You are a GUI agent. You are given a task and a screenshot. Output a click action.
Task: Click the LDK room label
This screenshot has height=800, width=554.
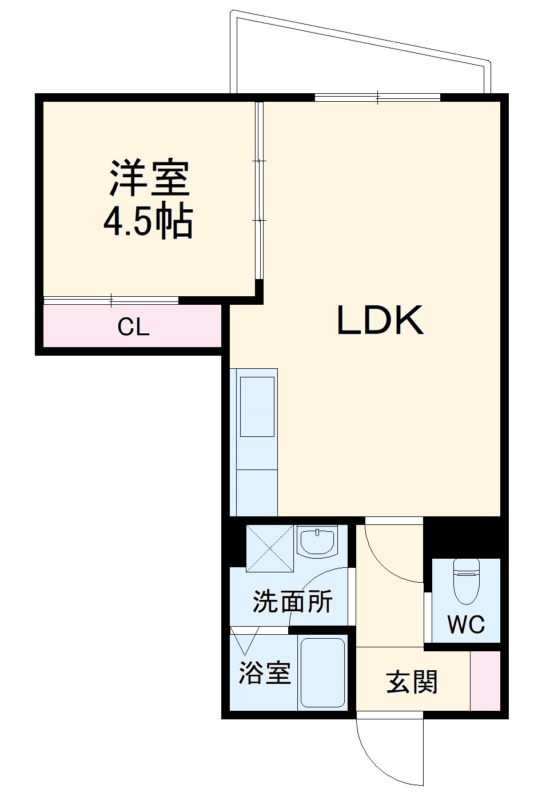(380, 320)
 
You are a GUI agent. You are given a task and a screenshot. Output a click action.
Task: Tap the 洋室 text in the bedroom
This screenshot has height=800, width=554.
(150, 178)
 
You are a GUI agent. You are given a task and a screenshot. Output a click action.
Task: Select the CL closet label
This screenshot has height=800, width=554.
(133, 327)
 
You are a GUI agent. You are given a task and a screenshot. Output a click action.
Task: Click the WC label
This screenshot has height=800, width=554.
(466, 624)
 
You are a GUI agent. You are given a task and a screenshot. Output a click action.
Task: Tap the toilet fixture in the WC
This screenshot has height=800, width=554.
(466, 580)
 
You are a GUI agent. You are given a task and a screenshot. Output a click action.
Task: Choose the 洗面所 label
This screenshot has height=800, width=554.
(292, 602)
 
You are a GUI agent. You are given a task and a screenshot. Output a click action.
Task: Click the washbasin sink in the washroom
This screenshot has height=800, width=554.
(317, 541)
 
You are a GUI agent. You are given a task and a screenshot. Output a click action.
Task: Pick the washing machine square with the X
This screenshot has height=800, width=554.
(269, 548)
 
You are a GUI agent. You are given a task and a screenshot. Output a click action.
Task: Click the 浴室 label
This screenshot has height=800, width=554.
(264, 673)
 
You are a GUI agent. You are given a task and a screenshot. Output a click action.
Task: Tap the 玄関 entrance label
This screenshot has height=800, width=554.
(412, 682)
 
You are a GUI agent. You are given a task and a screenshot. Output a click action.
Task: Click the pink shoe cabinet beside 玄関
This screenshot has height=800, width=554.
(485, 680)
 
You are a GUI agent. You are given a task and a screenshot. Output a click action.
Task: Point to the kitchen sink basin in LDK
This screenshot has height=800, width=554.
(257, 407)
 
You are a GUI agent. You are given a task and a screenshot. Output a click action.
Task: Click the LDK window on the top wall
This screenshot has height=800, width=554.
(377, 97)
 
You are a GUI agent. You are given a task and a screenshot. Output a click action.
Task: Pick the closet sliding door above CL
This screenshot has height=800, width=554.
(111, 299)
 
